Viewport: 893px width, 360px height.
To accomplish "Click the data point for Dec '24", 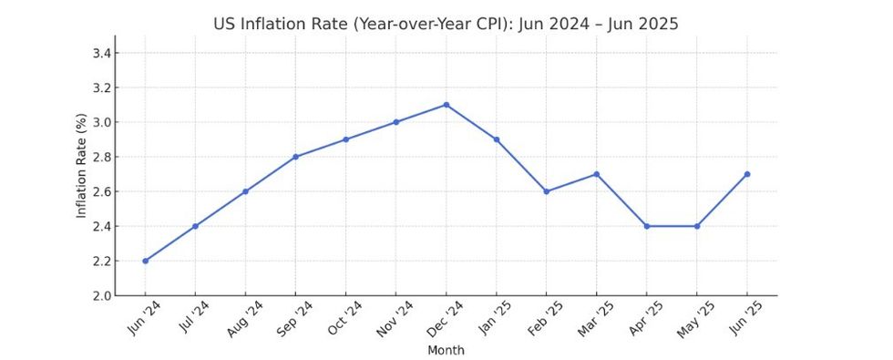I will coord(446,105).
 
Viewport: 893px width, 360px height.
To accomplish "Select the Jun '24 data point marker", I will coord(146,261).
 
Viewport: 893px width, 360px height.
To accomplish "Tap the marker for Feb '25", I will coord(547,191).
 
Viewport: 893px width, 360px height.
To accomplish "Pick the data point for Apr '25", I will coord(647,226).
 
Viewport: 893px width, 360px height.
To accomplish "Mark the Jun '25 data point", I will coord(747,174).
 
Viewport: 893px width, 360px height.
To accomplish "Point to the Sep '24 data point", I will coord(296,157).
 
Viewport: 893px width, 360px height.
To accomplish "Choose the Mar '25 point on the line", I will coord(597,174).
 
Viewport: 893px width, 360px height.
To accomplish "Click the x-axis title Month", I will coord(446,350).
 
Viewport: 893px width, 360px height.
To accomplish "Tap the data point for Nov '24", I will coord(396,122).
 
